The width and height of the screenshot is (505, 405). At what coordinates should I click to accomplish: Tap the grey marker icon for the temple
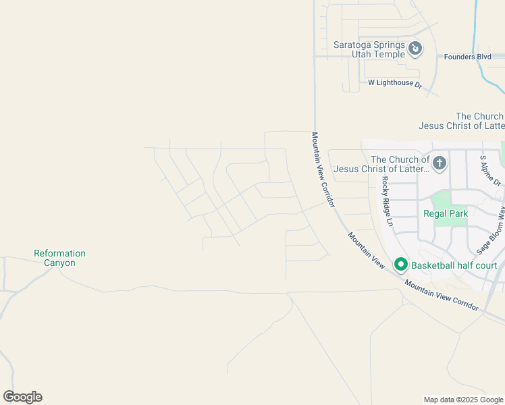416,49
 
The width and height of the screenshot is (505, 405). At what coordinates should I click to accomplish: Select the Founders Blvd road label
467,57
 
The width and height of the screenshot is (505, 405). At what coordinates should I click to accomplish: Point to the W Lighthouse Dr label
394,83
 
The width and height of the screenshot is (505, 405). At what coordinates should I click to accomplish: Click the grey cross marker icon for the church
439,163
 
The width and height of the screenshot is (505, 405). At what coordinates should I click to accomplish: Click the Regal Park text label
445,213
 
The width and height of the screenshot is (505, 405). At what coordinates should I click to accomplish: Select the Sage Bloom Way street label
491,232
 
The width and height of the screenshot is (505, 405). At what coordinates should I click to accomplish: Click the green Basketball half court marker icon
400,265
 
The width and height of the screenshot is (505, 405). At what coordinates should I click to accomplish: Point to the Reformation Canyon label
60,258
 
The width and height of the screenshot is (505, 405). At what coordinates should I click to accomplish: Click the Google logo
22,397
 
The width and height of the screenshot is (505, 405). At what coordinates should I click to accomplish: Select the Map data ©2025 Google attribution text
462,400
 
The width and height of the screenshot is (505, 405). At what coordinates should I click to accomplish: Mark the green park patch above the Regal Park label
441,200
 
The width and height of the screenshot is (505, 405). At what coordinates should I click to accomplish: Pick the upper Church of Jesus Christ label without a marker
461,121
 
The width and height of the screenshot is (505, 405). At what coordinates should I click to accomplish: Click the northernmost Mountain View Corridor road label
323,169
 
